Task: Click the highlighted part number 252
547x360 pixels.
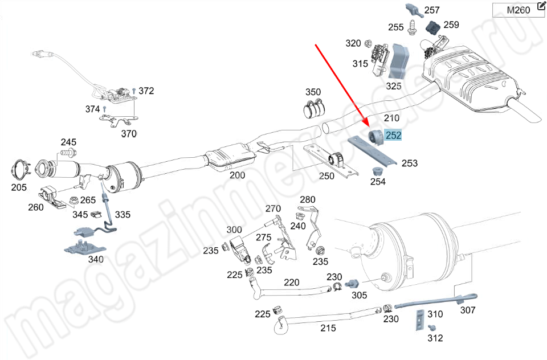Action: tap(393, 136)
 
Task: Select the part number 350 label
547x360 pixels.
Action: tap(313, 92)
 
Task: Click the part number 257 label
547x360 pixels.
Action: tap(432, 10)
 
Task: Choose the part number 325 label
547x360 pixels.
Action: tap(394, 86)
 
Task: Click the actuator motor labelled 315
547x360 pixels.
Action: tap(379, 60)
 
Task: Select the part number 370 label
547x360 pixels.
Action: tap(129, 134)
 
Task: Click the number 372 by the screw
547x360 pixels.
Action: tap(146, 91)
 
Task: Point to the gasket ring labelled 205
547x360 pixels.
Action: tap(21, 170)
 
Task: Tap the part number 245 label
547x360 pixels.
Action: tap(68, 142)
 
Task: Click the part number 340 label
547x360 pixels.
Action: tap(95, 259)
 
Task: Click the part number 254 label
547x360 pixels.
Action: tap(378, 182)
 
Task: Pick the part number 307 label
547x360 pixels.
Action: tap(467, 310)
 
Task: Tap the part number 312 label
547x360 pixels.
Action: tap(435, 338)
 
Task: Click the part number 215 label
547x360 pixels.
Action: tap(328, 328)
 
